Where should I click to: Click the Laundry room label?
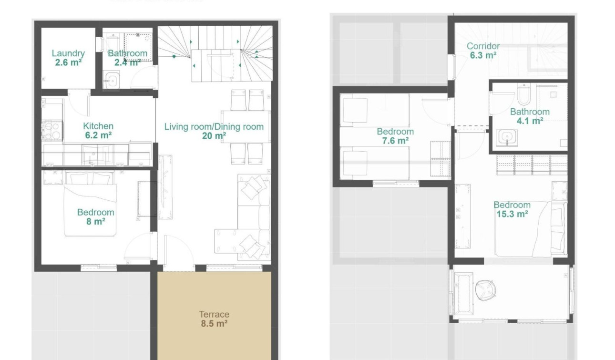[x=68, y=53]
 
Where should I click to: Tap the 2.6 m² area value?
[x=68, y=62]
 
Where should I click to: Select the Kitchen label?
[x=98, y=126]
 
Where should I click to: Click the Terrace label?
[x=214, y=314]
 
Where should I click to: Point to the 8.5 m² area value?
[x=214, y=324]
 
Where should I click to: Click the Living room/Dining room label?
[x=214, y=127]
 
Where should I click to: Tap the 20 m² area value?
[x=214, y=136]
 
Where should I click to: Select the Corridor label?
[x=483, y=46]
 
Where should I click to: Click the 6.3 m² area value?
[x=483, y=55]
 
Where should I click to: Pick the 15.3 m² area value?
[x=512, y=214]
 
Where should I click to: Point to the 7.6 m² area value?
[x=395, y=141]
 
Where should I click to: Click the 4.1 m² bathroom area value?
[x=530, y=121]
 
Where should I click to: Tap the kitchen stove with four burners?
[x=52, y=131]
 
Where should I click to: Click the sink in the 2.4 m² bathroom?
[x=112, y=80]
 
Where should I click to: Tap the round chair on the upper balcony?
[x=485, y=289]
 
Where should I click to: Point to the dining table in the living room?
[x=246, y=126]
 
